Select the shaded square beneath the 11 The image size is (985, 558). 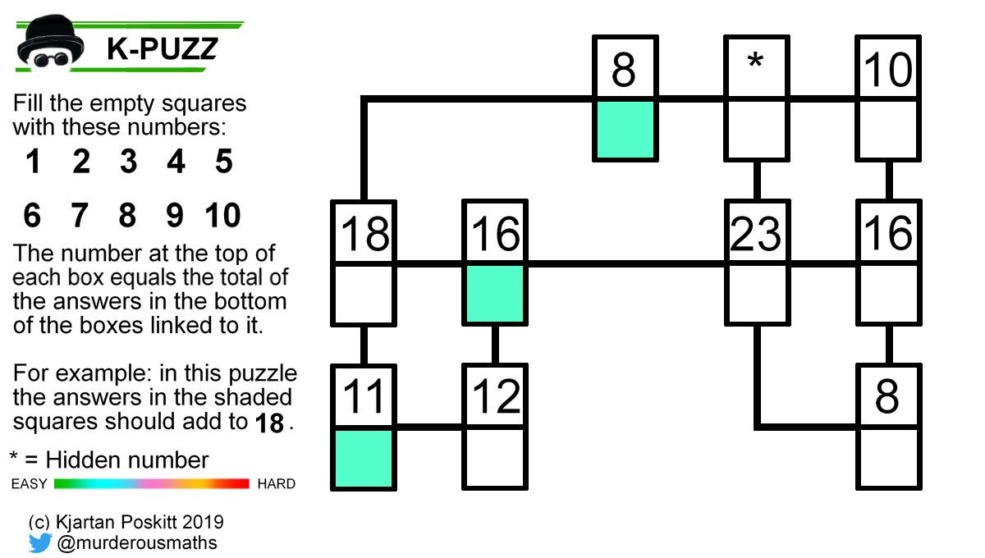(x=364, y=458)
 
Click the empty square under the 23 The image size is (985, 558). (x=756, y=293)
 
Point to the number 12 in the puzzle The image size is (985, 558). (x=495, y=397)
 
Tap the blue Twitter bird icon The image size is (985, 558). (x=40, y=542)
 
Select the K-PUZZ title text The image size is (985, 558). (x=162, y=50)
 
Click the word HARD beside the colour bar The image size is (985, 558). (x=276, y=484)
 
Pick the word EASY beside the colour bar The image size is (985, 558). (x=30, y=484)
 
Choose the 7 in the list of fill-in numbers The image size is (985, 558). (x=80, y=216)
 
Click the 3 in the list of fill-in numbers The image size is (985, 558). (x=128, y=162)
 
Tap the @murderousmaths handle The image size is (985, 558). (x=137, y=542)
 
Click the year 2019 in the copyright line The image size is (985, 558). (x=199, y=522)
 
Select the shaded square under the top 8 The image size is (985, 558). (x=625, y=129)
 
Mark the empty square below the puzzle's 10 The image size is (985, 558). (x=887, y=129)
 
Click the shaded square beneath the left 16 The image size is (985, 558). (x=495, y=293)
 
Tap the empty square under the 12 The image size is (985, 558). (x=495, y=458)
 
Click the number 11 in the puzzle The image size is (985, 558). (x=364, y=397)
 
